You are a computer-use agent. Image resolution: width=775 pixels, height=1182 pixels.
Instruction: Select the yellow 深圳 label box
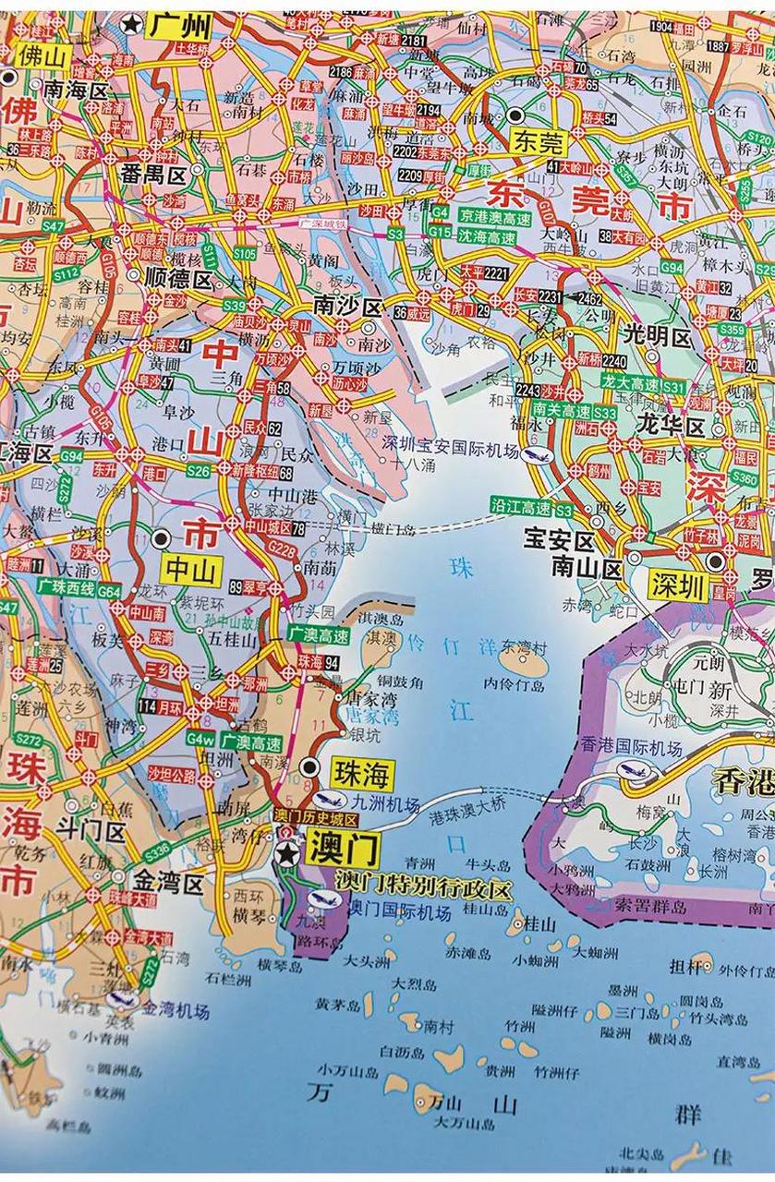tap(677, 585)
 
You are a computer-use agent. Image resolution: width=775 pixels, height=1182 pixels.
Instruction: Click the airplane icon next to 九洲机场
tap(324, 800)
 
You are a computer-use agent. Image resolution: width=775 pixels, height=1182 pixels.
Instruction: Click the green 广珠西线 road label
tap(67, 587)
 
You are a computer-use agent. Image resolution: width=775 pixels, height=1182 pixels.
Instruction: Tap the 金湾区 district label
tap(169, 884)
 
